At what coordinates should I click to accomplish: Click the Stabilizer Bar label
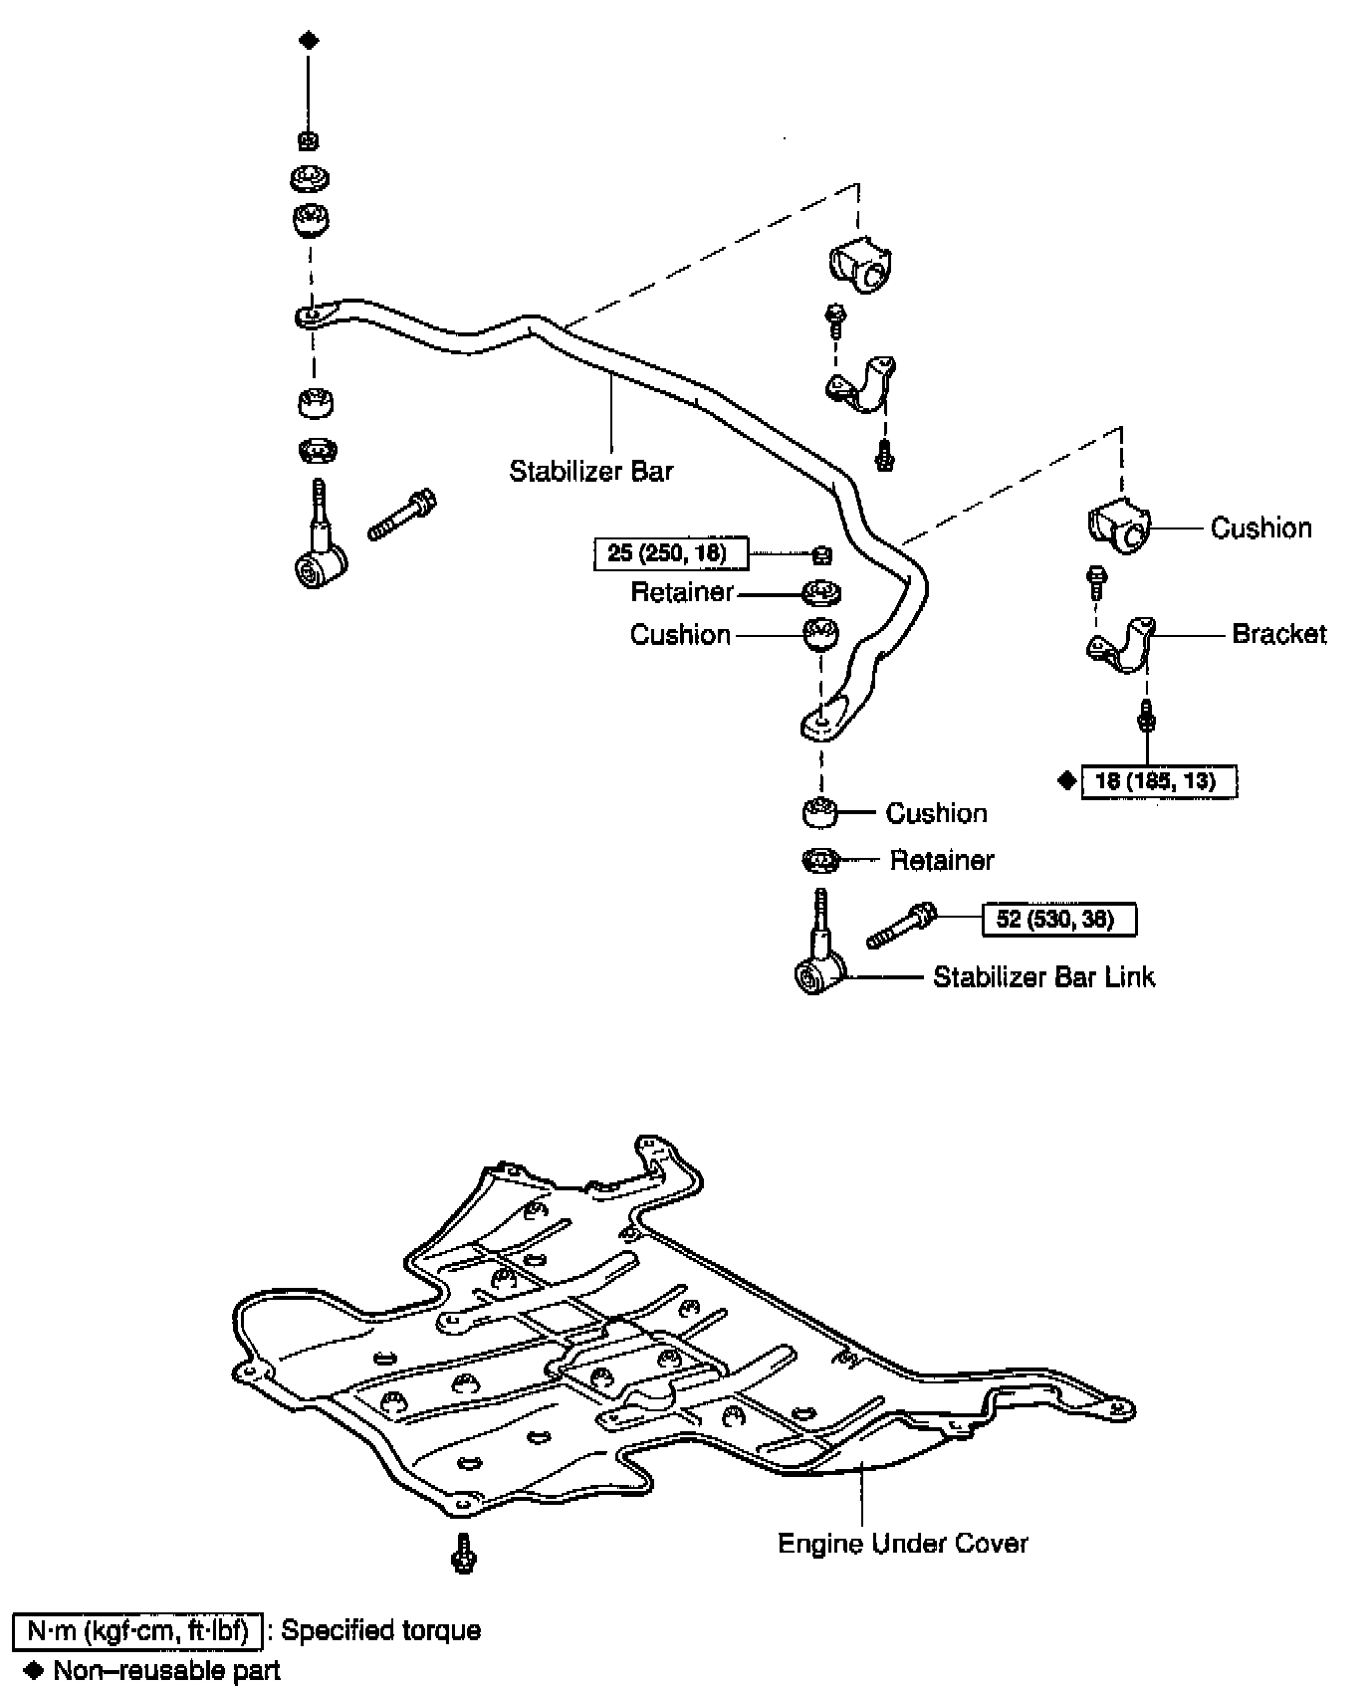tap(591, 471)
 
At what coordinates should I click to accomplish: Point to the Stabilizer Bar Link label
tap(1043, 977)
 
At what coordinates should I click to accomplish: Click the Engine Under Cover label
tap(902, 1544)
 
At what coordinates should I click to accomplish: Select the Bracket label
tap(1278, 634)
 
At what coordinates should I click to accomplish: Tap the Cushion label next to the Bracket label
tap(1260, 528)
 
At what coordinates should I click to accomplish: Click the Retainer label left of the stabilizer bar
tap(681, 593)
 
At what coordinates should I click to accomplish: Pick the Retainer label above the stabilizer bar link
tap(941, 860)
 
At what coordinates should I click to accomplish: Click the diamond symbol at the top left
tap(309, 41)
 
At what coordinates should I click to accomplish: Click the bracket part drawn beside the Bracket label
tap(1121, 644)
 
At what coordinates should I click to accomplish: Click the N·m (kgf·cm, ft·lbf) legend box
tap(137, 1630)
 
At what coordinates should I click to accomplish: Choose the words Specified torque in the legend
tap(380, 1630)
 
